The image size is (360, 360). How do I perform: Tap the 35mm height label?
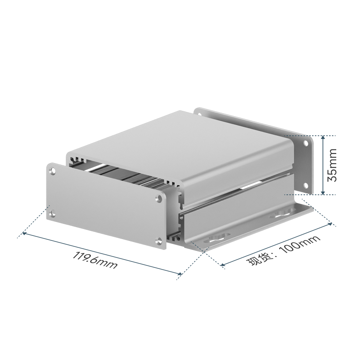(x=332, y=165)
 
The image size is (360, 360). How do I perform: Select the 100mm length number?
(x=300, y=245)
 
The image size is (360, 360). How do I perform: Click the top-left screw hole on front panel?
(x=53, y=171)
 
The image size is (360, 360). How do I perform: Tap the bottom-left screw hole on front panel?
(x=53, y=214)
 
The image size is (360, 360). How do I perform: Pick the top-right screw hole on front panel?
(x=159, y=198)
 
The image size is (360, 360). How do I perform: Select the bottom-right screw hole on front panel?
(x=158, y=241)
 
